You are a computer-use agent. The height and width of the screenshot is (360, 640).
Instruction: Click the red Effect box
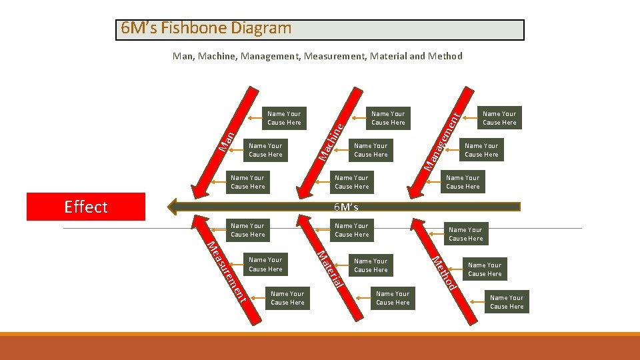85,207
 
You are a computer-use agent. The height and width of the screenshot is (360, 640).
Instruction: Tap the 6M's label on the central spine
346,207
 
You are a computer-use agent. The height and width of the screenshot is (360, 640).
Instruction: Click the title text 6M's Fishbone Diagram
206,29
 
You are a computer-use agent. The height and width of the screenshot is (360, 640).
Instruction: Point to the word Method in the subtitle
445,56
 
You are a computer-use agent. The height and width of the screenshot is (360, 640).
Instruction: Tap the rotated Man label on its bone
228,139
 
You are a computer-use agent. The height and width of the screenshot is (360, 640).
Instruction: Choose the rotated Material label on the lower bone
331,269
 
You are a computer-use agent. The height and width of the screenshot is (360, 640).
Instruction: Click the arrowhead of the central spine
175,207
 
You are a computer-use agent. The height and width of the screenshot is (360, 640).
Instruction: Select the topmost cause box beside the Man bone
284,118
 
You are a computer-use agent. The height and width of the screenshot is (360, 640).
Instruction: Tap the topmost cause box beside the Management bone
499,118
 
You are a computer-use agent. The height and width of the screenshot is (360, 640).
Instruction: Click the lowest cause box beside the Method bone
507,302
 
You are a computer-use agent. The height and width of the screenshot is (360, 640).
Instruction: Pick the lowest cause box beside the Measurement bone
287,298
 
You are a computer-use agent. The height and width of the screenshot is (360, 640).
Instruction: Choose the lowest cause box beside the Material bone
393,298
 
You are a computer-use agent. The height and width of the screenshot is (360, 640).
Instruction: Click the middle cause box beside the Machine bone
371,150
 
